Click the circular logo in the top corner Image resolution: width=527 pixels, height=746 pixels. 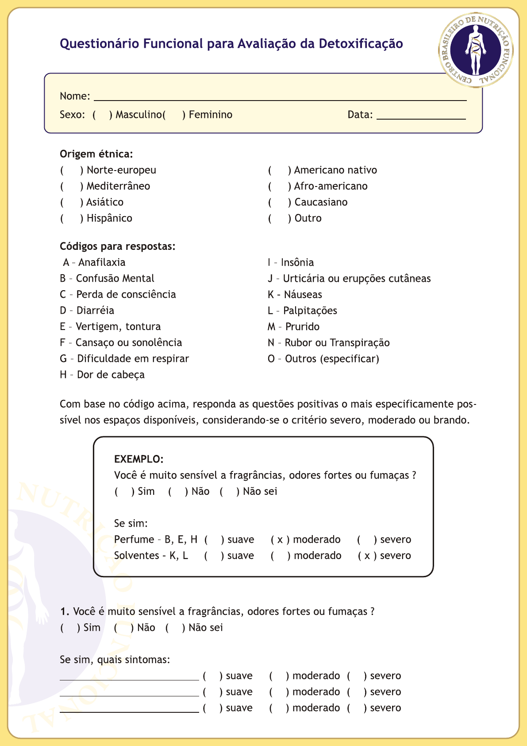pyautogui.click(x=476, y=49)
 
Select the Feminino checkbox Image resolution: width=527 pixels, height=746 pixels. pyautogui.click(x=174, y=115)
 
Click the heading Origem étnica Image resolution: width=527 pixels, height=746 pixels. pyautogui.click(x=96, y=154)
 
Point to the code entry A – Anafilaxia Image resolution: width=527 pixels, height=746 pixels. pyautogui.click(x=94, y=262)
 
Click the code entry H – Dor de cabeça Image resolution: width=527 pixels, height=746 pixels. pyautogui.click(x=102, y=375)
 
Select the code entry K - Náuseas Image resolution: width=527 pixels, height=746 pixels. pyautogui.click(x=295, y=295)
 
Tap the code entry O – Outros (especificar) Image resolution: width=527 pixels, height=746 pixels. pyautogui.click(x=323, y=359)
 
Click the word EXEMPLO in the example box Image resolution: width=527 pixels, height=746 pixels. pyautogui.click(x=138, y=459)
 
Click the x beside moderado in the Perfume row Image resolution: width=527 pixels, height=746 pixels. pyautogui.click(x=280, y=540)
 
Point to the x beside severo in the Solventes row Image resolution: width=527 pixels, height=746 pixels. pyautogui.click(x=367, y=556)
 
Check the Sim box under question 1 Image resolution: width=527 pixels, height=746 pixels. pyautogui.click(x=69, y=628)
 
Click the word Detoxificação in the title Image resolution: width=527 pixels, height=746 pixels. pyautogui.click(x=361, y=44)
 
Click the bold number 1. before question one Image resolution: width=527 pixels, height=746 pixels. pyautogui.click(x=65, y=612)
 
